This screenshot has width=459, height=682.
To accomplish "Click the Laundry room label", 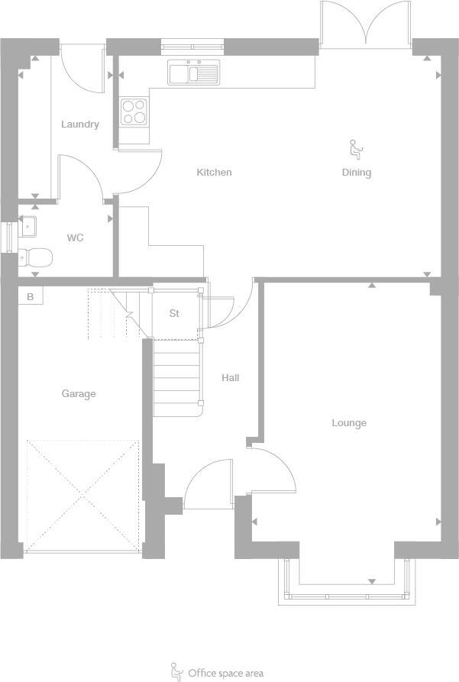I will coord(80,124).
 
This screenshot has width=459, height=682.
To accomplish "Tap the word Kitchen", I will coord(214,173).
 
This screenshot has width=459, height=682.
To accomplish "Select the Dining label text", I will coord(356,173).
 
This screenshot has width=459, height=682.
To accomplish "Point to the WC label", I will coord(75,238).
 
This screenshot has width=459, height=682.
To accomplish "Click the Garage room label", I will coord(79,394).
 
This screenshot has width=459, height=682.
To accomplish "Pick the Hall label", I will coord(230,377).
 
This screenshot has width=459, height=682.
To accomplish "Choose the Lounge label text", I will coord(349,423).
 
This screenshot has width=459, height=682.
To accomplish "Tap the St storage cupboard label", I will coord(174,313).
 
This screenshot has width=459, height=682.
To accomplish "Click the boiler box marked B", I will coord(31,296).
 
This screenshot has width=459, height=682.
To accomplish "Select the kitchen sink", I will coord(194,73).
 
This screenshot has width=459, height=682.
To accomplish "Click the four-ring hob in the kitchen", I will coord(134,112).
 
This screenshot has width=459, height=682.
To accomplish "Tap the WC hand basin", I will coord(28,226).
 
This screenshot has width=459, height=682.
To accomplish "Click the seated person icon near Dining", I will coord(355,147).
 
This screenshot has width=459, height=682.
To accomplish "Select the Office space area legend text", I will coord(225,673).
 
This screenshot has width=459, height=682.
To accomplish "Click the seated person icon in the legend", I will coord(176,671).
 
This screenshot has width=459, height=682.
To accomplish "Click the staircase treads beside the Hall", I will coord(176,378).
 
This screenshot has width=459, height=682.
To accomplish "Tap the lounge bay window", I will coord(347,583).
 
